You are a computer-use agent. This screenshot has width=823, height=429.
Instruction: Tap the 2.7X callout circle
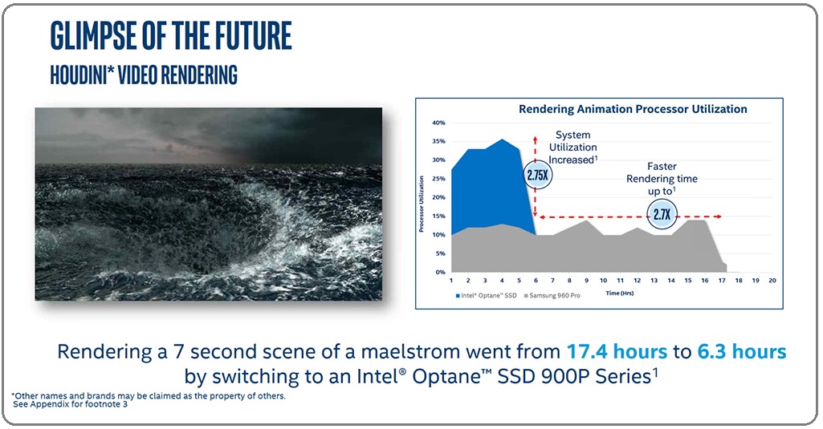(x=662, y=214)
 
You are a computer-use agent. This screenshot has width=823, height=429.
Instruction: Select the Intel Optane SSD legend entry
(x=486, y=296)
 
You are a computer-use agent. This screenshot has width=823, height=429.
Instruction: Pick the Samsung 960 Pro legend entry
(x=552, y=296)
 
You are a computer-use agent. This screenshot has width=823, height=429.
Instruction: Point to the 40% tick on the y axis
(x=438, y=123)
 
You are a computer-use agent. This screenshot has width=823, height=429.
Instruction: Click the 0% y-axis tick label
(x=440, y=272)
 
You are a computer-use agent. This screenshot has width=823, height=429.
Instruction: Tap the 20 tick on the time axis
(x=772, y=281)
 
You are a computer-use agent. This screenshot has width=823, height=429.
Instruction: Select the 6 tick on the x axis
(x=536, y=281)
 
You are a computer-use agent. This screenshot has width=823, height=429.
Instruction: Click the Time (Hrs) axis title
(x=619, y=293)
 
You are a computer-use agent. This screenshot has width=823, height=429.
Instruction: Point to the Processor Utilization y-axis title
(x=421, y=204)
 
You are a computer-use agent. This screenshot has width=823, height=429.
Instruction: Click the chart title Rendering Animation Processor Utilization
(x=633, y=109)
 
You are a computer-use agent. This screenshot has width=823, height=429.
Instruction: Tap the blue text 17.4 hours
(x=617, y=351)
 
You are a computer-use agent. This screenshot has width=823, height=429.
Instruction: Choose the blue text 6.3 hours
(x=742, y=351)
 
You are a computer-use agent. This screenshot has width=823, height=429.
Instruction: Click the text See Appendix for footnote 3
(x=71, y=404)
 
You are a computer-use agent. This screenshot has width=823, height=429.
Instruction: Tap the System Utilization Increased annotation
(x=572, y=148)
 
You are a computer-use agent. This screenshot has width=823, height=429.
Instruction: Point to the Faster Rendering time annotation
(x=662, y=179)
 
